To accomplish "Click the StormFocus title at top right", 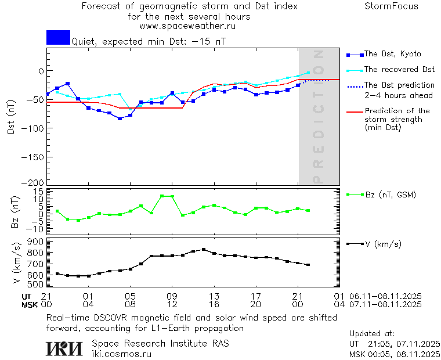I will tap(391, 6).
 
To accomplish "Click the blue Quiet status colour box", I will tap(58, 37).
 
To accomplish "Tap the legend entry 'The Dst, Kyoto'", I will tap(392, 54).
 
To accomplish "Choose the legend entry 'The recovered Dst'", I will tap(399, 70).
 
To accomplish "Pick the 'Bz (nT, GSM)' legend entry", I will tap(390, 195).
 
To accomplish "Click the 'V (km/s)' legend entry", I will tap(382, 244).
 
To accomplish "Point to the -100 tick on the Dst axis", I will tap(35, 128).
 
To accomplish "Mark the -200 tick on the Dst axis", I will tap(35, 182).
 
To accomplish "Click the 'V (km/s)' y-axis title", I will tap(17, 264).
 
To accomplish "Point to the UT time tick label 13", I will tap(214, 296).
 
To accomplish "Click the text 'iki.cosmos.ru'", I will tap(121, 354).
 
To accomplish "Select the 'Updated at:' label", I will tap(371, 334).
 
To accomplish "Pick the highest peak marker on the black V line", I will tap(204, 250).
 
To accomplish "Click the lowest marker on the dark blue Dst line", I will tap(120, 118).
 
